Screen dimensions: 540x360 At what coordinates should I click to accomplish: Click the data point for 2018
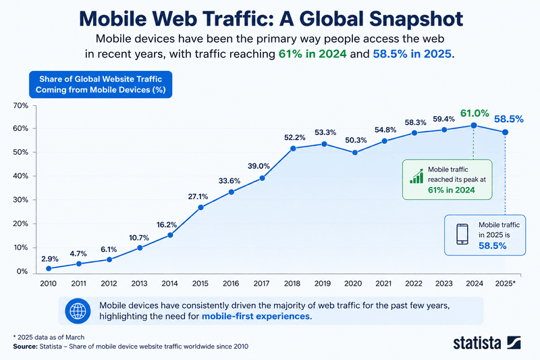coord(293,149)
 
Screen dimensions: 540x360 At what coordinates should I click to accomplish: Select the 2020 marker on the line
coord(355,153)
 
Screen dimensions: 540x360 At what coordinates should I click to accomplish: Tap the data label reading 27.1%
coord(198,197)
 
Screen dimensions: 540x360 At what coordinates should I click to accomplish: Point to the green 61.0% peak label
coord(475,113)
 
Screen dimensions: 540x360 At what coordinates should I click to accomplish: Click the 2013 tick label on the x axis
coord(139,284)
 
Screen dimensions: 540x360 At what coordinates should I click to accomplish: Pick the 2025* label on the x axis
coord(505,284)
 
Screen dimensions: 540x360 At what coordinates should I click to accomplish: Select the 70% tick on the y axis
coord(21,106)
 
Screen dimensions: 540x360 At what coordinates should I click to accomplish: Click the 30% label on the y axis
coord(21,200)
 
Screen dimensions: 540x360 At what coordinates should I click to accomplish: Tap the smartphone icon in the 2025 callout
coord(462,234)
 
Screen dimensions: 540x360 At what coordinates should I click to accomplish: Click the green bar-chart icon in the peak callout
coord(416,176)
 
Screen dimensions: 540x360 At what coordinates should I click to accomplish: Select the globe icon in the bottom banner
coord(78,311)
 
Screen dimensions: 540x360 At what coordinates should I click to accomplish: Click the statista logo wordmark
coord(477,343)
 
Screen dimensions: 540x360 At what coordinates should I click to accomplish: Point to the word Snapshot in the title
coord(416,19)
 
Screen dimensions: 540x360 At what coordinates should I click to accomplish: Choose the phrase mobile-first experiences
coord(256,316)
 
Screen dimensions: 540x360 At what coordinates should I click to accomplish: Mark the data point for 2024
coord(474,126)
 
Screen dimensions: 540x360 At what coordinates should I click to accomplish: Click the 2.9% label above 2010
coord(49,259)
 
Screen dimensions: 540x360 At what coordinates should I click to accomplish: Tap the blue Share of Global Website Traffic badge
coord(101,84)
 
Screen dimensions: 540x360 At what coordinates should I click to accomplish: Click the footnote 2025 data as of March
coord(49,337)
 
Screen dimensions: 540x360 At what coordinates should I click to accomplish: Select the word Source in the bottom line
coord(26,346)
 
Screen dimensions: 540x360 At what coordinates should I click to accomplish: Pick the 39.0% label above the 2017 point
coord(259,166)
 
